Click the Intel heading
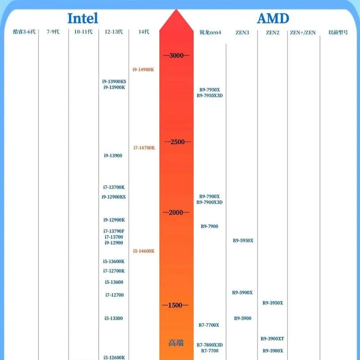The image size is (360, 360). (x=83, y=18)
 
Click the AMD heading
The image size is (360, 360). (x=273, y=18)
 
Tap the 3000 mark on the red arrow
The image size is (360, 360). (x=176, y=55)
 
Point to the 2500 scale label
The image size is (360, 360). (x=178, y=142)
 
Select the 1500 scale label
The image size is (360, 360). (x=175, y=305)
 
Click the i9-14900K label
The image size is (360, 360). (x=143, y=70)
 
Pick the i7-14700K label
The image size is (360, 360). (x=144, y=148)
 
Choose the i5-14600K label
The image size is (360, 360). (x=144, y=251)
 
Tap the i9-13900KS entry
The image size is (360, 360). (x=114, y=81)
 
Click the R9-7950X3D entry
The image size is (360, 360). (x=209, y=96)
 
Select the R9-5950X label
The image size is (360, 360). (x=243, y=241)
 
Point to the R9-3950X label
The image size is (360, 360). (x=273, y=303)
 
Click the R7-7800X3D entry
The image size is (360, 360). (x=209, y=345)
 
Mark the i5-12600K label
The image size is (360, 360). (x=114, y=357)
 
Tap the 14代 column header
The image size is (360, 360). (x=144, y=31)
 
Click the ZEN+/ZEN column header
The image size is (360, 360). (x=302, y=33)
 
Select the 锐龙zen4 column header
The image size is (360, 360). (x=210, y=32)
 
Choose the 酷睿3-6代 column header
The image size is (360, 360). (x=24, y=31)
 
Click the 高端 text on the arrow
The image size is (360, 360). (x=176, y=343)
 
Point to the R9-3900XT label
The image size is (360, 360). (x=272, y=339)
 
